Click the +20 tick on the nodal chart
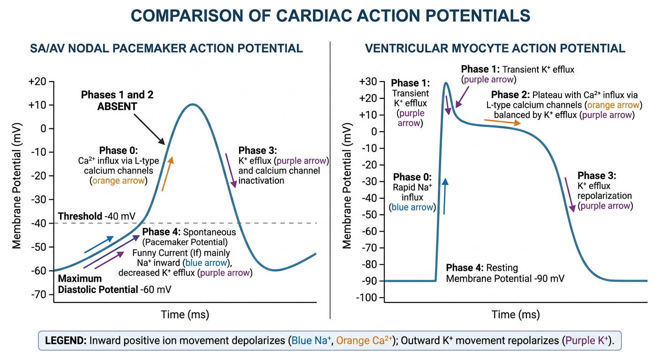(52, 81)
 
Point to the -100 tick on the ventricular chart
(382, 298)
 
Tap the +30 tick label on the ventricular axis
(368, 82)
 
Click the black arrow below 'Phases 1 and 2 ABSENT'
(150, 129)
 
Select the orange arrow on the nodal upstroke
(167, 174)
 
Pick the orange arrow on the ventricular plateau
(502, 122)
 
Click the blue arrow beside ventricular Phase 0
(445, 196)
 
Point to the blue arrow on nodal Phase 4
(99, 244)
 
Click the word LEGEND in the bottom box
(66, 341)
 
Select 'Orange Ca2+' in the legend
(364, 340)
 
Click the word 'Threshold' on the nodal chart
(80, 216)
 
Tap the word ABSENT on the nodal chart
(117, 106)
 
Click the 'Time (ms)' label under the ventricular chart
(516, 315)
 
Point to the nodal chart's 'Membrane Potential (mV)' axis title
(16, 186)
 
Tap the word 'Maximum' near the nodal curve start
(80, 278)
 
